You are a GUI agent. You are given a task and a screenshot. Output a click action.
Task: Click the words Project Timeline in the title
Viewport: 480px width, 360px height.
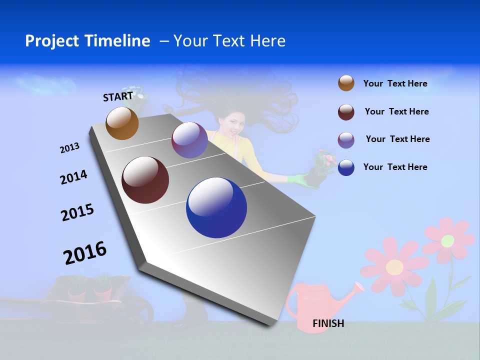87,41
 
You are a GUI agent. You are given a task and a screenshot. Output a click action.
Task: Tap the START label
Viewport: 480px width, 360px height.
118,96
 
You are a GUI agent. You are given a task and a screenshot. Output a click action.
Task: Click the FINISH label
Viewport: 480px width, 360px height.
328,323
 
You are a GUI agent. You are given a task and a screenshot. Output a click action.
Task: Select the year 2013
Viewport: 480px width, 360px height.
69,148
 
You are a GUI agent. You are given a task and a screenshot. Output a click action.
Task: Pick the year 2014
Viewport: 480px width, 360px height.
73,177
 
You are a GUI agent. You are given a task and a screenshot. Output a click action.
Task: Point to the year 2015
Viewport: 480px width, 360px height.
77,212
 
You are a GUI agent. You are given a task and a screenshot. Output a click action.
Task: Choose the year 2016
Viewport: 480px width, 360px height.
85,252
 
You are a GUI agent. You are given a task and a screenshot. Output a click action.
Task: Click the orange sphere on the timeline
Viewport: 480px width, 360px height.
122,123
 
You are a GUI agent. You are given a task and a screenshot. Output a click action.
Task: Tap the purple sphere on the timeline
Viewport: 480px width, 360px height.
189,140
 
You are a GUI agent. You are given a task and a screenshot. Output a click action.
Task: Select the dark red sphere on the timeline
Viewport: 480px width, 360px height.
145,180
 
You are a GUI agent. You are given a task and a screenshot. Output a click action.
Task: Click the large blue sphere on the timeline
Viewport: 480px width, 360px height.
216,207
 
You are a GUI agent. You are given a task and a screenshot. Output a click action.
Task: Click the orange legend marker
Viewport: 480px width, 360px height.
346,83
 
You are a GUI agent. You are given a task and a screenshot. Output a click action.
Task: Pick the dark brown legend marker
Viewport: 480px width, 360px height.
346,112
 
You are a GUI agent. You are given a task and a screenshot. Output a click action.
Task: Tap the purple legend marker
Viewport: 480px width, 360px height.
346,140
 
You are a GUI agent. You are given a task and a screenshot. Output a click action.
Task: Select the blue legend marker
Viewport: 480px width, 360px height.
346,167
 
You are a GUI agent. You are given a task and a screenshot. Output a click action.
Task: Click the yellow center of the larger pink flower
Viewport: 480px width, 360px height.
394,266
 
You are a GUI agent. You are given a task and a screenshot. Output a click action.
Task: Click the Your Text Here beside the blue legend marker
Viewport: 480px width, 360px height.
395,167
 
